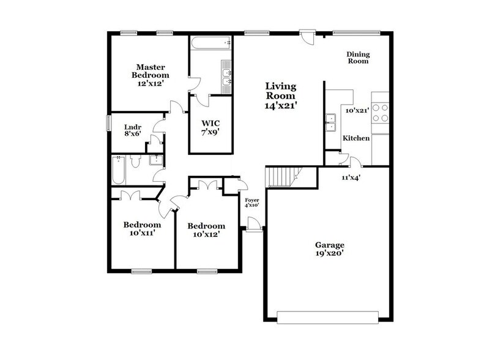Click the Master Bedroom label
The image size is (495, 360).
[x=148, y=70]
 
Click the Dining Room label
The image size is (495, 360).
[x=359, y=58]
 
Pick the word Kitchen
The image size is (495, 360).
[x=355, y=139]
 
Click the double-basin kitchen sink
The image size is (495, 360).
[x=333, y=122]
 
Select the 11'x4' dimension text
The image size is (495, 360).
[x=350, y=178]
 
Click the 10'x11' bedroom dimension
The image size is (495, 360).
[x=141, y=233]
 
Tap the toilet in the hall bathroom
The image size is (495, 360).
[x=136, y=162]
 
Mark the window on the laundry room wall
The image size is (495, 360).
[x=109, y=122]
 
